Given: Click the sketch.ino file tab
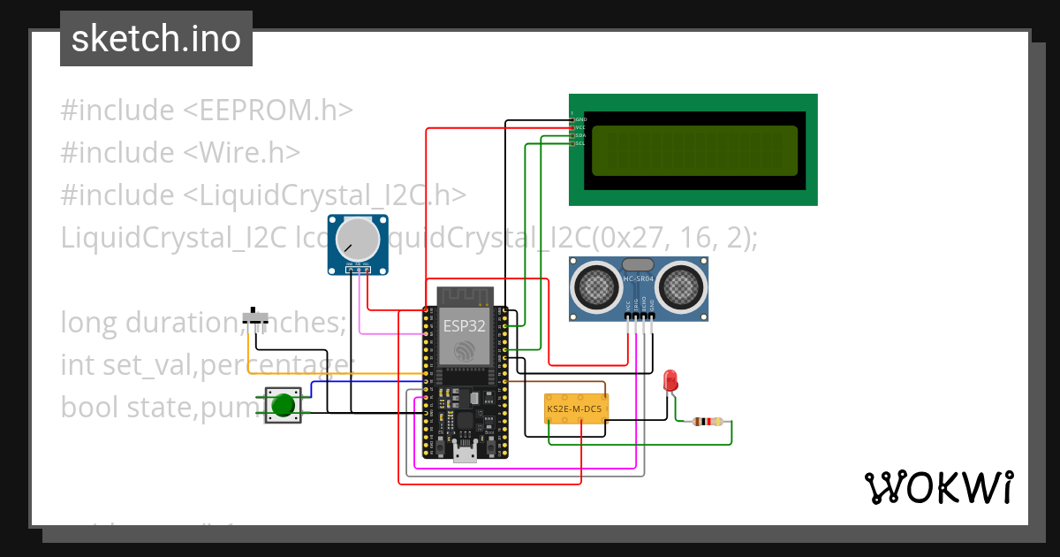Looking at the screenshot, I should click(x=156, y=39).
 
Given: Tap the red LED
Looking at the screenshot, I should click(x=670, y=380).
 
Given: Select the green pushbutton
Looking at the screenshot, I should click(x=283, y=405).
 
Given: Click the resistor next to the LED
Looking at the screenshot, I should click(x=707, y=422).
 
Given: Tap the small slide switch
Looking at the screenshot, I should click(x=256, y=317).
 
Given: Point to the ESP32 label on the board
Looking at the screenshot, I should click(x=465, y=325).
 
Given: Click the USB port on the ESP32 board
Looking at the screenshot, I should click(x=465, y=454).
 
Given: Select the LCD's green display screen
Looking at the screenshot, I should click(x=694, y=150).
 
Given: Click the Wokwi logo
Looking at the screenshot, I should click(x=938, y=487).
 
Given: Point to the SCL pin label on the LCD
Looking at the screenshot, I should click(x=580, y=143).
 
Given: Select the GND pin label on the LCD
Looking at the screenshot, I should click(x=580, y=118).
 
